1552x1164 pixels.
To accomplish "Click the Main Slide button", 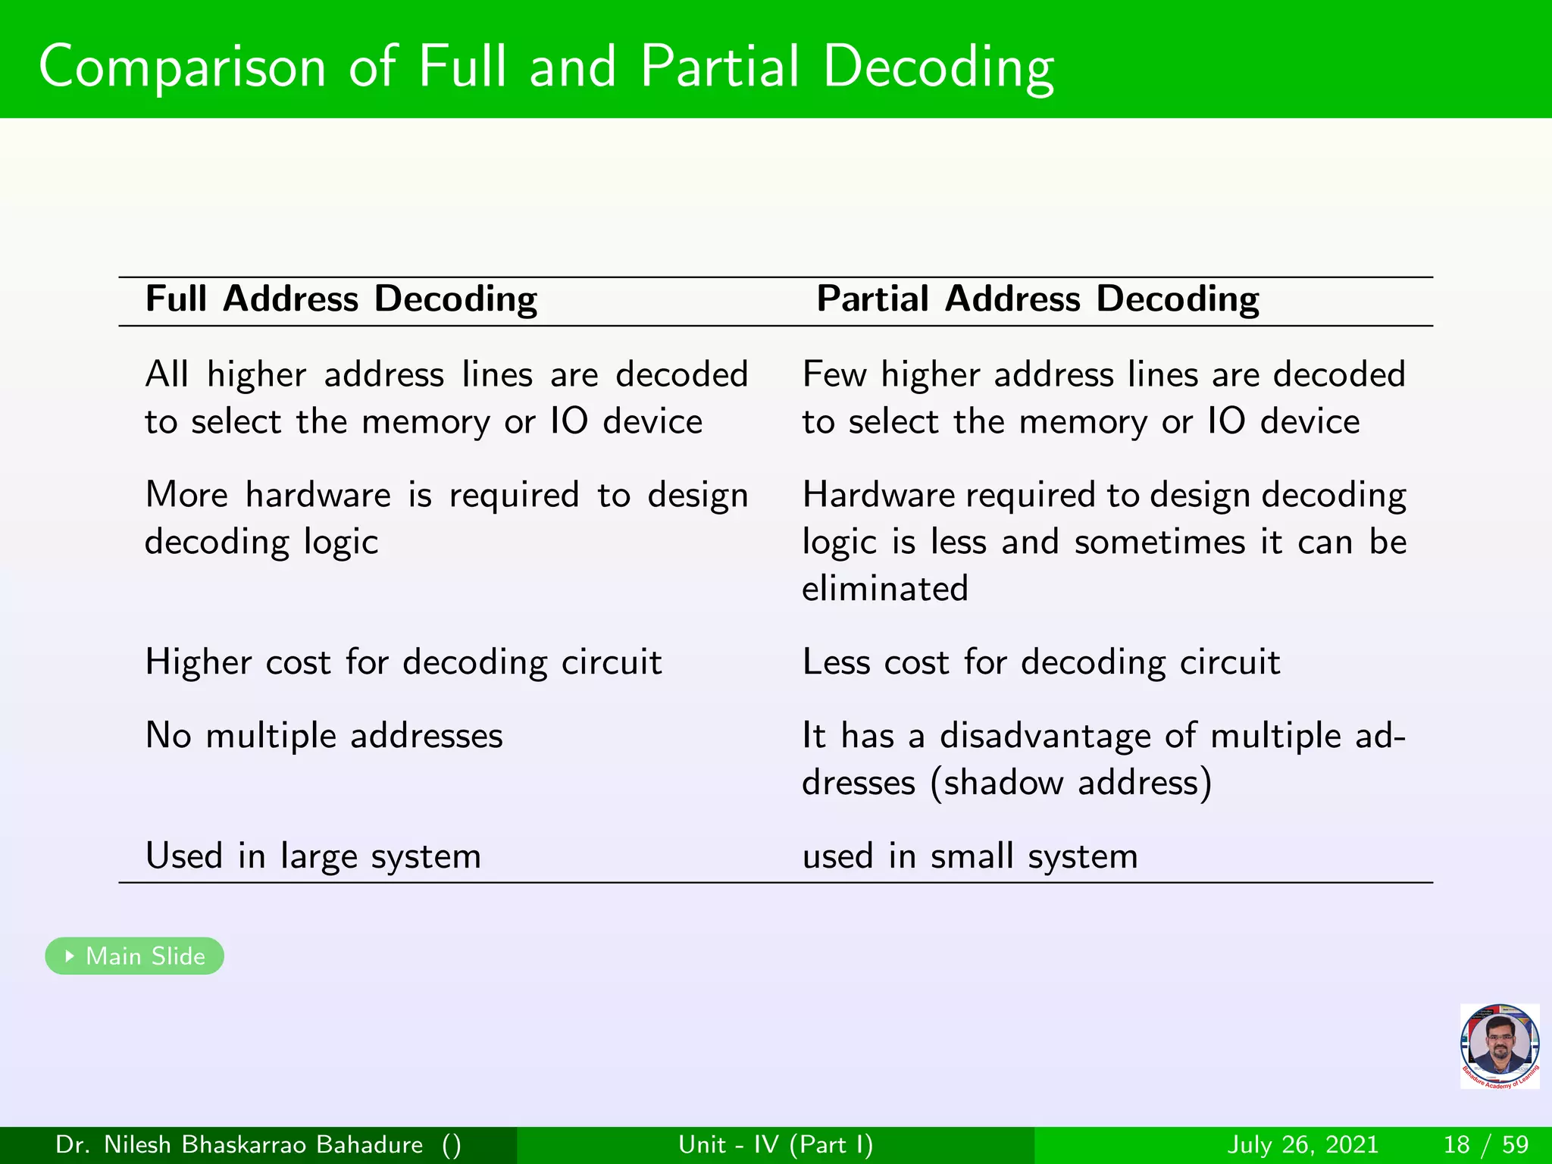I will tap(135, 956).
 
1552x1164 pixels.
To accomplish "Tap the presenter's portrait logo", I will tap(1499, 1046).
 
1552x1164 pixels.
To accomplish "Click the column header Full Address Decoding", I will tap(341, 299).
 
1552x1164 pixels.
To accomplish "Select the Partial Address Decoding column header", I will tap(1037, 299).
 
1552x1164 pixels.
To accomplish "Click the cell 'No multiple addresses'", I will tap(324, 736).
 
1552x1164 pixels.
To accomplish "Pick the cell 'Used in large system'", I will tap(313, 856).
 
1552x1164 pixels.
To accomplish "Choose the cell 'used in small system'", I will tap(970, 856).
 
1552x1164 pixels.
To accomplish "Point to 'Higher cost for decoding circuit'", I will tap(403, 662).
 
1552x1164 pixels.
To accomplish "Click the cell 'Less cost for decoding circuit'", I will tap(1041, 662).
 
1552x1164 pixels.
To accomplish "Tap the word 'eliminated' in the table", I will tap(885, 589).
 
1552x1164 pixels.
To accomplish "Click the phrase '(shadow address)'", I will tap(1072, 783).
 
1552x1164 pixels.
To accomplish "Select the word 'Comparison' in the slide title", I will tap(182, 67).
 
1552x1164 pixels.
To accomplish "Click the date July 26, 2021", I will tap(1302, 1144).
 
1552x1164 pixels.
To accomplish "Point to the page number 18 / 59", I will tap(1486, 1144).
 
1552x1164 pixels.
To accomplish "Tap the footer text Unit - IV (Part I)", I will tap(775, 1144).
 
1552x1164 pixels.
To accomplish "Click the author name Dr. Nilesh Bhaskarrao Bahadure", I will tap(239, 1144).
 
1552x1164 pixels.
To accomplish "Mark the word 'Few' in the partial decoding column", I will tap(834, 374).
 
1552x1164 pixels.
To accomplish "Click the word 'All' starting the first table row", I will tap(167, 374).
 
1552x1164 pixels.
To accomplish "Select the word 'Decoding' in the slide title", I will tap(938, 67).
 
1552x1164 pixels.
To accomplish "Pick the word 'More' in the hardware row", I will tap(186, 495).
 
